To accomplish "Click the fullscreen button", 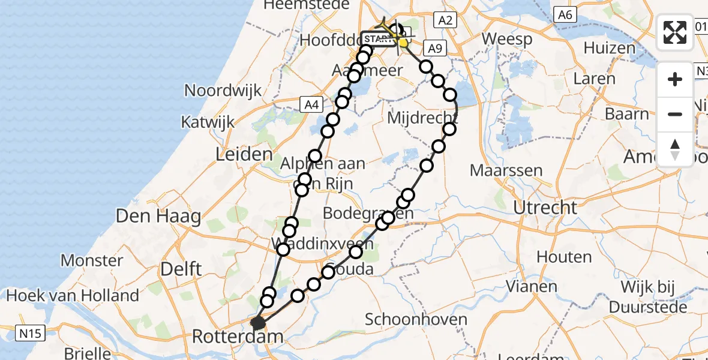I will pos(675,32).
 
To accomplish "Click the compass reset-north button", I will pos(675,149).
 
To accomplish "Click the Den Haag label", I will pos(158,216).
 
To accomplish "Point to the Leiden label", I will pos(244,155).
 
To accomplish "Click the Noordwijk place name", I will pos(223,91).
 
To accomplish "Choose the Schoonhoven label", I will pos(424,319).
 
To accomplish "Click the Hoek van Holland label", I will pos(73,295).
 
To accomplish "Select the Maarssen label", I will pos(506,170).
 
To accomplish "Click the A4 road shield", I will pos(310,105).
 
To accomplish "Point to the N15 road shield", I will pos(29,332).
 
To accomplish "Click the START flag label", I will pos(377,39).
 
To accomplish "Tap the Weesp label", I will pos(507,40).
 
